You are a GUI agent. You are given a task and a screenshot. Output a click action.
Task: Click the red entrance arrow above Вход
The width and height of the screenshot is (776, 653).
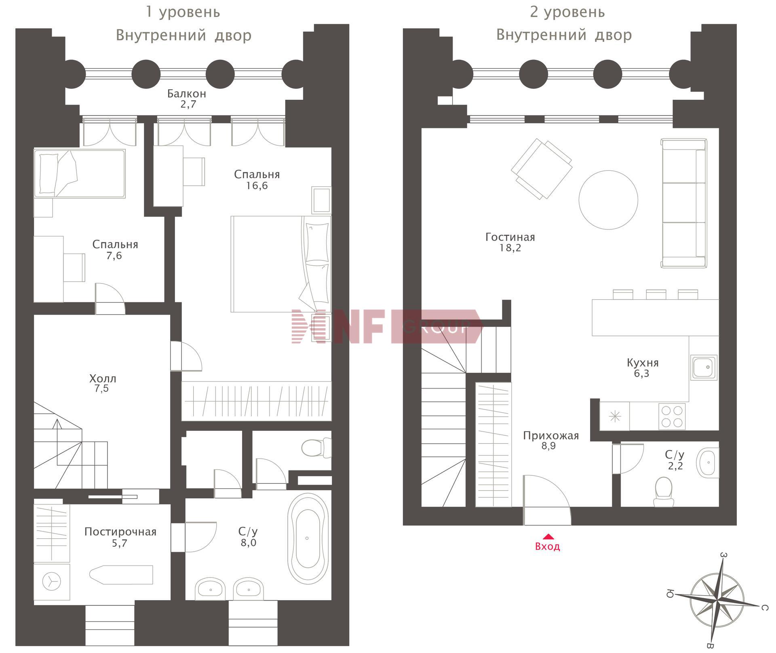pos(548,536)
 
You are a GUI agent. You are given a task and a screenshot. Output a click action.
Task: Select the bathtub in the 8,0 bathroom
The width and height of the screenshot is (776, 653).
pos(308,538)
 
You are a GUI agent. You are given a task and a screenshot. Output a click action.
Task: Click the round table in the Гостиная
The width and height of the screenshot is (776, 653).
pos(608,200)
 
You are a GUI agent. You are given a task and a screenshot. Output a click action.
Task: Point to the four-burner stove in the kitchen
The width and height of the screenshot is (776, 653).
pos(672,416)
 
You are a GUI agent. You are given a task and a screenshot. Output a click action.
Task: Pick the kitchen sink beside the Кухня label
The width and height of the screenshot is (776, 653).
pos(704,367)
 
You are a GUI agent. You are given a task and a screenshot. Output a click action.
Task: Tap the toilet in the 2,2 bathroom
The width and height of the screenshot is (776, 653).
pos(663,491)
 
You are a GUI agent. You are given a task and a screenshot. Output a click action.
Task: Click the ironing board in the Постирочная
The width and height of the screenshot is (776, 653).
pos(121,575)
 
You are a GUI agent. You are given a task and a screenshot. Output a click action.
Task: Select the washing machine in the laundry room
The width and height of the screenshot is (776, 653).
pos(52,582)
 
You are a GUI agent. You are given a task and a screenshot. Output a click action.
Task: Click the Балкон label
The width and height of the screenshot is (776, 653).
pos(187,94)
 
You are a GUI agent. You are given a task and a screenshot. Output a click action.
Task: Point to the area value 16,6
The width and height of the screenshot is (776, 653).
pos(257,186)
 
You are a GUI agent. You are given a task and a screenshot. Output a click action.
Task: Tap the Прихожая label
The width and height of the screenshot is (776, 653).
pos(551,436)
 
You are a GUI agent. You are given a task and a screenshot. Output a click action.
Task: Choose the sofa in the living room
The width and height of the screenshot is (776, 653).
pos(684,203)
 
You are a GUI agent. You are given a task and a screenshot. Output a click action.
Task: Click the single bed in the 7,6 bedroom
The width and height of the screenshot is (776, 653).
pos(80,174)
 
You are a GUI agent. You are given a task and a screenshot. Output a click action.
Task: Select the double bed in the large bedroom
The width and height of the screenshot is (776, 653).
pos(281,264)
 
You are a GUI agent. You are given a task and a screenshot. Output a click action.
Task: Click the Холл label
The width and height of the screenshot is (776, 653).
pos(103,379)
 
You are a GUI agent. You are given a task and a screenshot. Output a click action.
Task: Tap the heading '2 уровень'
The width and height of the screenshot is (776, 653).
pos(567,12)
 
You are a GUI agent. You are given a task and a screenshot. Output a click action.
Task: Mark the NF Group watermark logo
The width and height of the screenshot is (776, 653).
pos(387,326)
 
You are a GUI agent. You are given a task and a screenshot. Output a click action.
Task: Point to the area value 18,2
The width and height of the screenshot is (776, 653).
pos(510,248)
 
